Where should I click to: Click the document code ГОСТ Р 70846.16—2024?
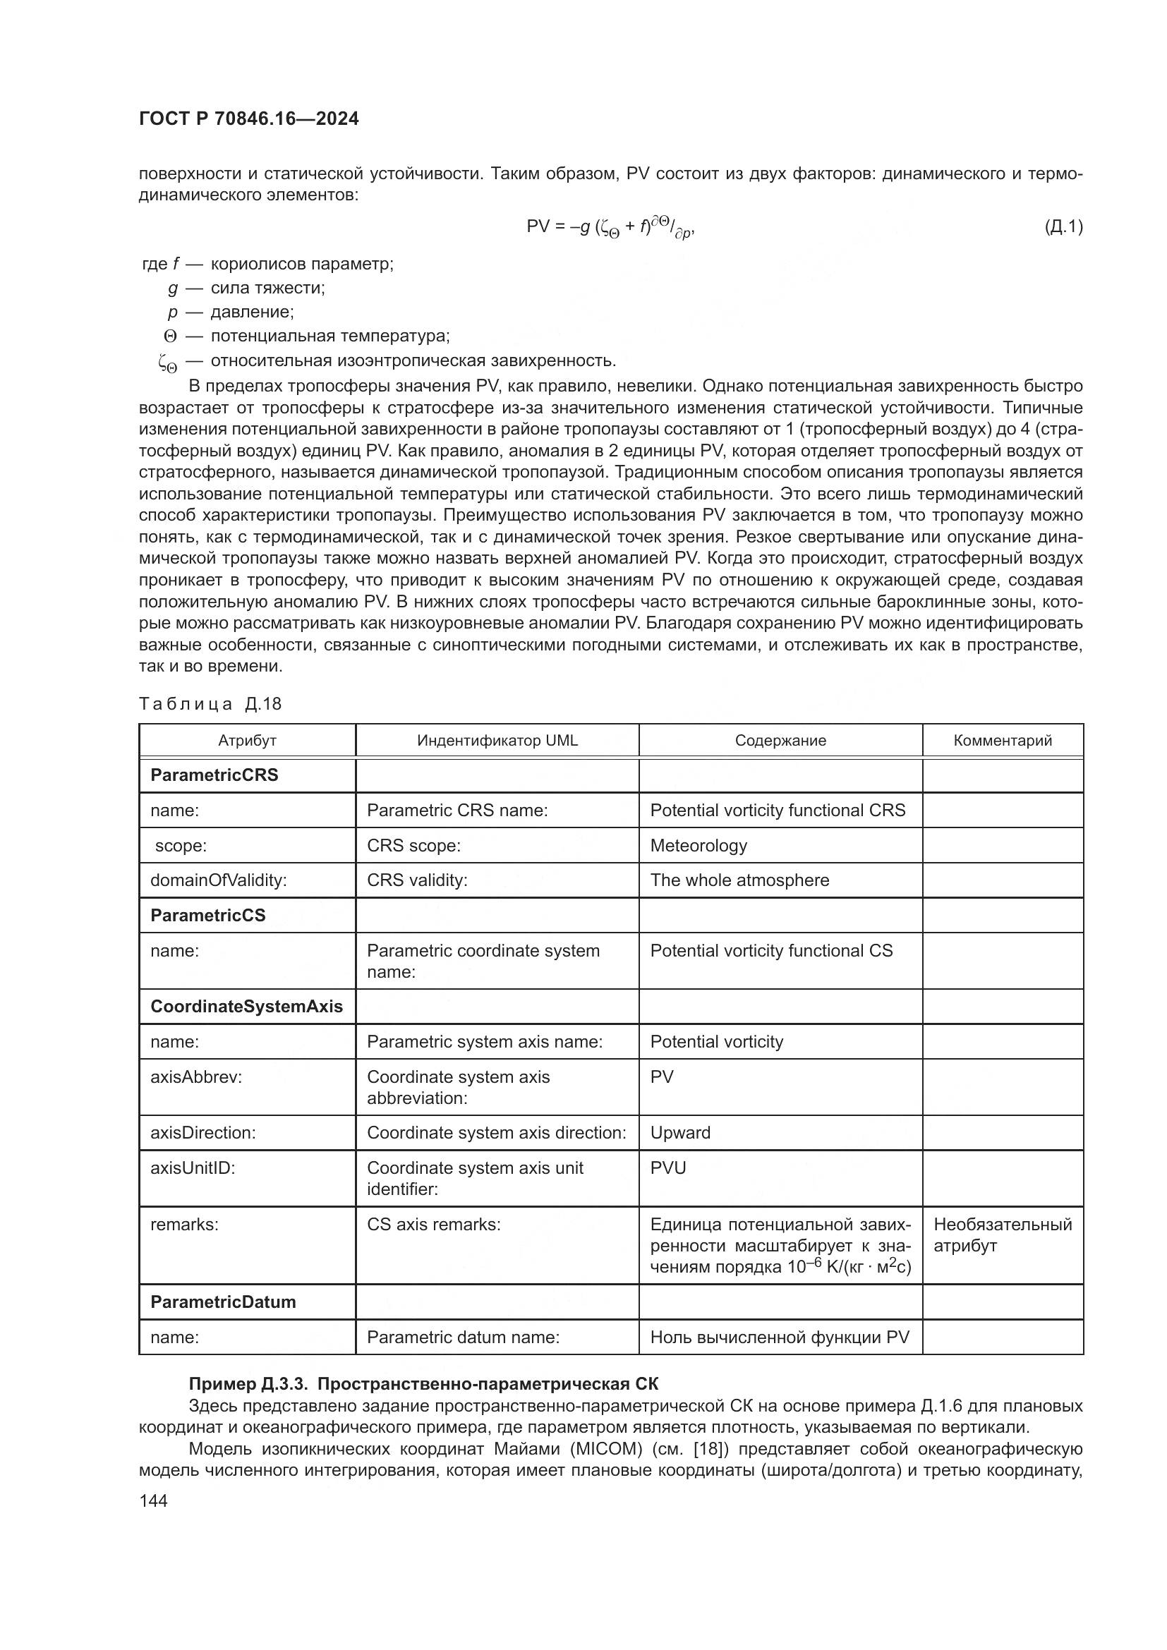[248, 119]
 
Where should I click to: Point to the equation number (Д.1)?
[1063, 227]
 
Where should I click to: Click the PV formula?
[610, 228]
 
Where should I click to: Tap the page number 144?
[153, 1500]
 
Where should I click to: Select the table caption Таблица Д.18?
[210, 703]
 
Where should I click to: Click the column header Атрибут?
[247, 740]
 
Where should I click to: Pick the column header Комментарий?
[1003, 740]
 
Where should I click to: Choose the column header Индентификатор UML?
[497, 740]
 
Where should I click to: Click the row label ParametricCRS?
[214, 775]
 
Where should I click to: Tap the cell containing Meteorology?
[699, 846]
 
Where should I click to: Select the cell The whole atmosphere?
[739, 880]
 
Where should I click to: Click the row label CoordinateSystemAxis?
[246, 1007]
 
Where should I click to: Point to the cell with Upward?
[679, 1133]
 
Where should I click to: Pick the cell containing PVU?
[667, 1167]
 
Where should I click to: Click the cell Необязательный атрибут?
[1002, 1235]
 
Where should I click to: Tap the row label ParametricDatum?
[223, 1302]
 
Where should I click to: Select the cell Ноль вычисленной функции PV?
[780, 1337]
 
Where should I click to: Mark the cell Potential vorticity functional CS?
[771, 951]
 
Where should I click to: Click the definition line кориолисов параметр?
[302, 264]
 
